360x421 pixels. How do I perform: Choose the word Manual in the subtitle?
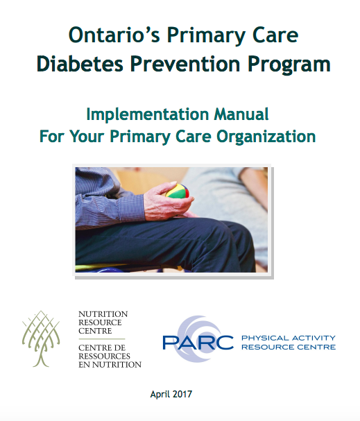point(243,114)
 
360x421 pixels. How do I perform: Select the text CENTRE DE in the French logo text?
point(101,347)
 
